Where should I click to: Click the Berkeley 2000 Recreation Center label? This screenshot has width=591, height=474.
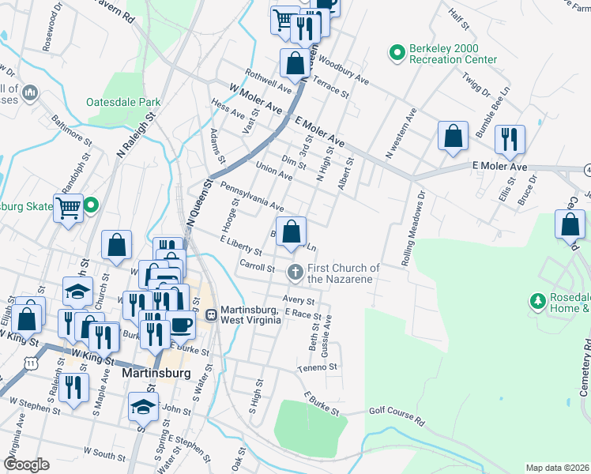[x=453, y=54]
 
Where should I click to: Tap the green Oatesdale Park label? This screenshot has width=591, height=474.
[x=124, y=102]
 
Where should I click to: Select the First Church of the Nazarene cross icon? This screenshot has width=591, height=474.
[x=295, y=273]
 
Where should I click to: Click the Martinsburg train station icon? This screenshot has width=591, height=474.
[x=212, y=314]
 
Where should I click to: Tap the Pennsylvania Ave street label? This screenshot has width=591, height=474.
[x=252, y=196]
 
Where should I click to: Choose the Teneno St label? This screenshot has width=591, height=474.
[x=318, y=367]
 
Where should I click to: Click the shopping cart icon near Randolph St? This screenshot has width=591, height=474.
[x=69, y=209]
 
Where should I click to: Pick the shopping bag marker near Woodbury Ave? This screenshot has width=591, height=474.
[x=295, y=62]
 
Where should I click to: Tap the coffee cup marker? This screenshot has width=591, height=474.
[x=180, y=325]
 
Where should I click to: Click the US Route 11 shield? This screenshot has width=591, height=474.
[x=30, y=362]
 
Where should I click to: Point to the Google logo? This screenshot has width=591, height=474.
[x=26, y=465]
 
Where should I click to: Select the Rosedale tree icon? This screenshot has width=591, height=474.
[x=538, y=300]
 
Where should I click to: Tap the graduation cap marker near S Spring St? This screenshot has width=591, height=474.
[x=143, y=408]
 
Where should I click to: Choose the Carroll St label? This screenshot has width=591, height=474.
[x=257, y=267]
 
